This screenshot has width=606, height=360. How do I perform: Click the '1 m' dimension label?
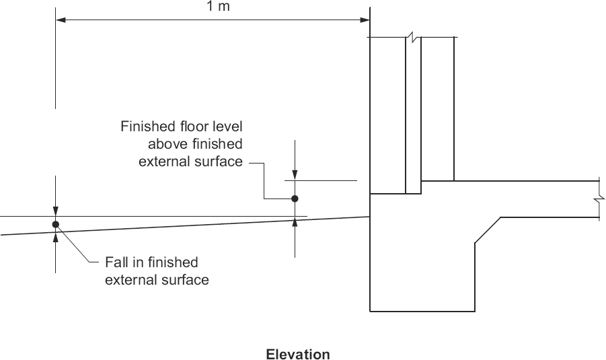pyautogui.click(x=213, y=7)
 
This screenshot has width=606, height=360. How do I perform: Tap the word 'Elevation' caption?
pyautogui.click(x=298, y=354)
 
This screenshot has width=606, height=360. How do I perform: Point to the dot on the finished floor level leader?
pyautogui.click(x=294, y=199)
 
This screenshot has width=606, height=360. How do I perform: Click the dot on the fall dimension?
pyautogui.click(x=55, y=224)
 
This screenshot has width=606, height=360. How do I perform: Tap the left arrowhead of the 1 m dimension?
pyautogui.click(x=60, y=20)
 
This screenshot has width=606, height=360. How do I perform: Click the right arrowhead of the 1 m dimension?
pyautogui.click(x=366, y=20)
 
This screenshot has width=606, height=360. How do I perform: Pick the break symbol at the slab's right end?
pyautogui.click(x=597, y=200)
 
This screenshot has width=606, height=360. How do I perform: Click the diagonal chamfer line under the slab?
pyautogui.click(x=488, y=230)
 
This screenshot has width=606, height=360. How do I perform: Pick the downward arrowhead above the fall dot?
pyautogui.click(x=55, y=211)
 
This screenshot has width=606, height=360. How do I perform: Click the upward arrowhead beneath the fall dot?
pyautogui.click(x=55, y=236)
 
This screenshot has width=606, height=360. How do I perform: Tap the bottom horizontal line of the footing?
pyautogui.click(x=422, y=312)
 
